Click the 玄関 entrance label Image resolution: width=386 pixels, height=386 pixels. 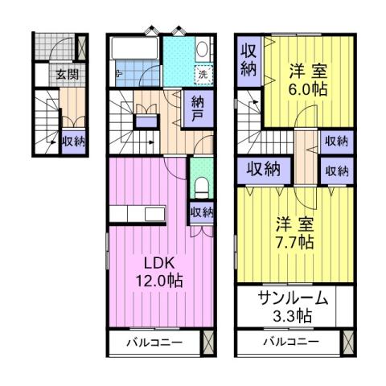click(x=68, y=74)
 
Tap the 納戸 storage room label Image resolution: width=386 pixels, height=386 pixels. click(x=197, y=109)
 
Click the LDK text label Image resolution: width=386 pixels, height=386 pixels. click(x=158, y=263)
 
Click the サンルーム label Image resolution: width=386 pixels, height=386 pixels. click(x=293, y=298)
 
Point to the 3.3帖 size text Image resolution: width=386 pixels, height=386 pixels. click(x=293, y=315)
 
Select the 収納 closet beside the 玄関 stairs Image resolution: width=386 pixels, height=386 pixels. click(x=73, y=140)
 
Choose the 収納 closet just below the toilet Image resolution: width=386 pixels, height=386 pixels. click(x=202, y=212)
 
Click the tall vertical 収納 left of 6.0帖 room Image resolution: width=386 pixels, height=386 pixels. click(x=248, y=59)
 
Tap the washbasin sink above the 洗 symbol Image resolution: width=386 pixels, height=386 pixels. click(x=202, y=51)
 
